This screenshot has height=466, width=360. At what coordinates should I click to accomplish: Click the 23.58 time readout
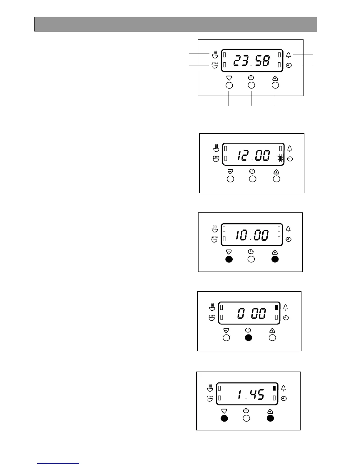(251, 61)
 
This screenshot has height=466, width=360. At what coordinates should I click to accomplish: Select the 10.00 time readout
(251, 236)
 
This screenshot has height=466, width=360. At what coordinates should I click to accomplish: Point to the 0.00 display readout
(251, 314)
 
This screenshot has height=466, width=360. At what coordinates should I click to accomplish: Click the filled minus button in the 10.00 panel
(229, 259)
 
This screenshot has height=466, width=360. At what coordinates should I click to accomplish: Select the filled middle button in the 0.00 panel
(249, 338)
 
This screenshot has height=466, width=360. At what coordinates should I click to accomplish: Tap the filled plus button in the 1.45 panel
(270, 418)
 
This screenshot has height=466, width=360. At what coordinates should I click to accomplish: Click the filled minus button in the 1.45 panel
(224, 418)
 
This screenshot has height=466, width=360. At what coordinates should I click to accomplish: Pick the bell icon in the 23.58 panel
(289, 55)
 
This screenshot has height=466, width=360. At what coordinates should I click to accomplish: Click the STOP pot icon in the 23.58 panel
(215, 65)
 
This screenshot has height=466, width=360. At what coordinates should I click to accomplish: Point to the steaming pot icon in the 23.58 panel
(215, 55)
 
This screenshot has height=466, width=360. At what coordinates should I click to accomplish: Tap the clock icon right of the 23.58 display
(289, 65)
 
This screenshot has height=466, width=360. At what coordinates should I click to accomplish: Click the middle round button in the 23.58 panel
(251, 85)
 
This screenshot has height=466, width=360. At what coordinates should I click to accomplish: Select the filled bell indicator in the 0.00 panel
(276, 307)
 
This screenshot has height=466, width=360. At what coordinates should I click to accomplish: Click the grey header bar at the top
(176, 24)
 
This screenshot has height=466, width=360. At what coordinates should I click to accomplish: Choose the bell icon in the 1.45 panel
(284, 388)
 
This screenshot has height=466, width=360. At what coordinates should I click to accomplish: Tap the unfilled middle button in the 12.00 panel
(253, 179)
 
